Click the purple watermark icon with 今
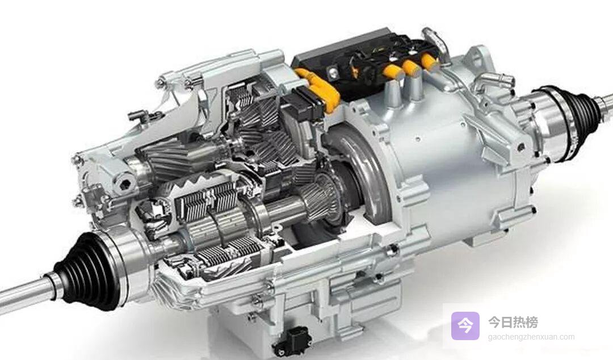click(x=465, y=325)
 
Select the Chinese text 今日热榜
click(x=513, y=322)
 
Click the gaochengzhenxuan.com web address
click(x=531, y=337)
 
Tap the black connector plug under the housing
click(x=291, y=341)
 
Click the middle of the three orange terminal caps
click(x=412, y=69)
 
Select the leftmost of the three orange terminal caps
click(x=393, y=74)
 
